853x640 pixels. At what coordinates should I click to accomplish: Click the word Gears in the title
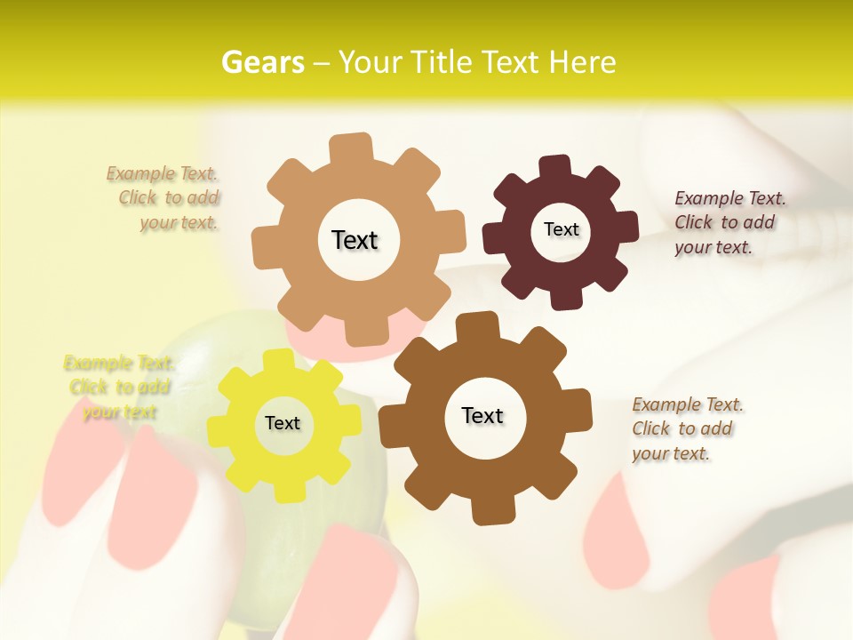pos(262,62)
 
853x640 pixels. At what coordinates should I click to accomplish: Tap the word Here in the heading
pos(582,62)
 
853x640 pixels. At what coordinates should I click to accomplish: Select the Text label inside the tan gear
pos(355,240)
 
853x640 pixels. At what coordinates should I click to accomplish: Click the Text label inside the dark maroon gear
pos(561,229)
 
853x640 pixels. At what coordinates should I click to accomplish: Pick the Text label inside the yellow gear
pos(283,423)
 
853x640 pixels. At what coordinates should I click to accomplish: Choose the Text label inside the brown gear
pos(482,415)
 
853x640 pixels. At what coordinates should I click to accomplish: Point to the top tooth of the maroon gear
pos(555,166)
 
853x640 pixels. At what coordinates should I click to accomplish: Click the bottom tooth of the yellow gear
pos(286,490)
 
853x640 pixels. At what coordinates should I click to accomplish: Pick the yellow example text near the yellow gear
pos(117,388)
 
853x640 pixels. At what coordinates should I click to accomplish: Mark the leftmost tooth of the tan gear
pos(265,244)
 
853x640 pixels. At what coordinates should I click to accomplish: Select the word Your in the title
pos(371,62)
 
